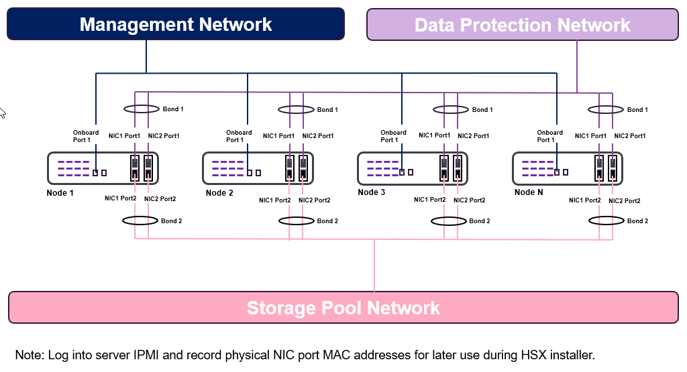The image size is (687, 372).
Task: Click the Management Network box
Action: pyautogui.click(x=175, y=24)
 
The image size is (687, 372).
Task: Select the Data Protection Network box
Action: pyautogui.click(x=522, y=25)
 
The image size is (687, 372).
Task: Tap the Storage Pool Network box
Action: pyautogui.click(x=343, y=308)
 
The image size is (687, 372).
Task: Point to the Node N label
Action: pyautogui.click(x=528, y=192)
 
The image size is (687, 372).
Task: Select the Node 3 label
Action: pyautogui.click(x=372, y=192)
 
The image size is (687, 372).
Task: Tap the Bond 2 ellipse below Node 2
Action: pyautogui.click(x=296, y=221)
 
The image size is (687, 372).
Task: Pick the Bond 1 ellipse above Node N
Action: pyautogui.click(x=606, y=109)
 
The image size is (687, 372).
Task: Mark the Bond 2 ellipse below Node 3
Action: pyautogui.click(x=449, y=221)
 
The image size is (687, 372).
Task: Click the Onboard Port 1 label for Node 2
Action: pyautogui.click(x=239, y=136)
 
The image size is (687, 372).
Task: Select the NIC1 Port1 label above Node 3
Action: pyautogui.click(x=435, y=135)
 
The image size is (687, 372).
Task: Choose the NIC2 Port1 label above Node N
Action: pyautogui.click(x=630, y=136)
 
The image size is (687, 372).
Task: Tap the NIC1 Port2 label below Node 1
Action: pyautogui.click(x=121, y=198)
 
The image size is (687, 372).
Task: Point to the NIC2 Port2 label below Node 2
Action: pyautogui.click(x=315, y=200)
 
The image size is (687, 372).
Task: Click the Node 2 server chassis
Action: pyautogui.click(x=258, y=168)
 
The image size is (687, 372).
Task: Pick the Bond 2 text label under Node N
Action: pyautogui.click(x=637, y=221)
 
